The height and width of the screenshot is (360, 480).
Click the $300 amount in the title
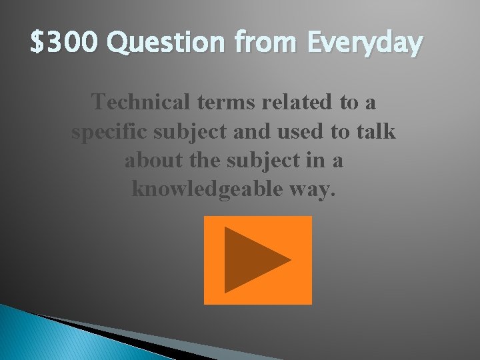[65, 45]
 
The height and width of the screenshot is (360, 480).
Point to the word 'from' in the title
[259, 45]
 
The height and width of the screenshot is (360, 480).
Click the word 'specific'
[110, 131]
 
